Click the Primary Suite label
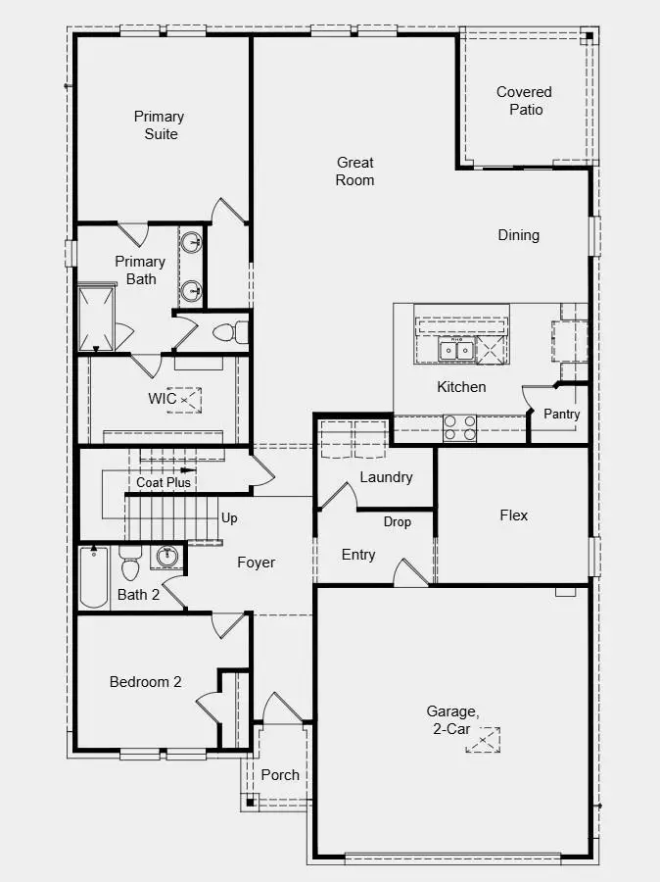tap(159, 124)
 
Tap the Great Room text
tap(354, 171)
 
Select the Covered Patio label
tap(524, 100)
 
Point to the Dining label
tap(518, 235)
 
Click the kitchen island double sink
tap(455, 349)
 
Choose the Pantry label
tap(562, 415)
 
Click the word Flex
tap(513, 514)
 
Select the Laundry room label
tap(386, 477)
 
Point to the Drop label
tap(397, 521)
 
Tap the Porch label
tap(280, 774)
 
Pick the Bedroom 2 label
tap(145, 682)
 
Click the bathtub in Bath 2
tap(94, 578)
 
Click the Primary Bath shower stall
tap(96, 318)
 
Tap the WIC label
tap(163, 399)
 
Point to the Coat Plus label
tap(164, 482)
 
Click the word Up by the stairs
tap(229, 517)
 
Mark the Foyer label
tap(256, 563)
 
